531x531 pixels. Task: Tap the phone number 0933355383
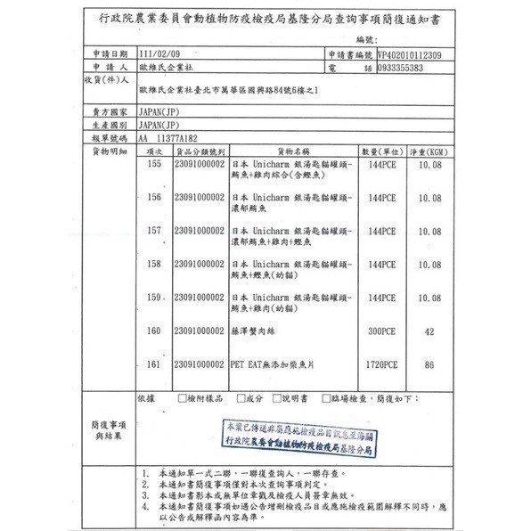click(388, 67)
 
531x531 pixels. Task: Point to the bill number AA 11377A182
click(169, 139)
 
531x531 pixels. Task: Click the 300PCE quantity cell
click(380, 331)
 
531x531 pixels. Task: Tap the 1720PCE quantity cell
click(380, 364)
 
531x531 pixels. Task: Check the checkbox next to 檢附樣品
click(182, 398)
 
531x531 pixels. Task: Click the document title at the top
click(266, 18)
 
